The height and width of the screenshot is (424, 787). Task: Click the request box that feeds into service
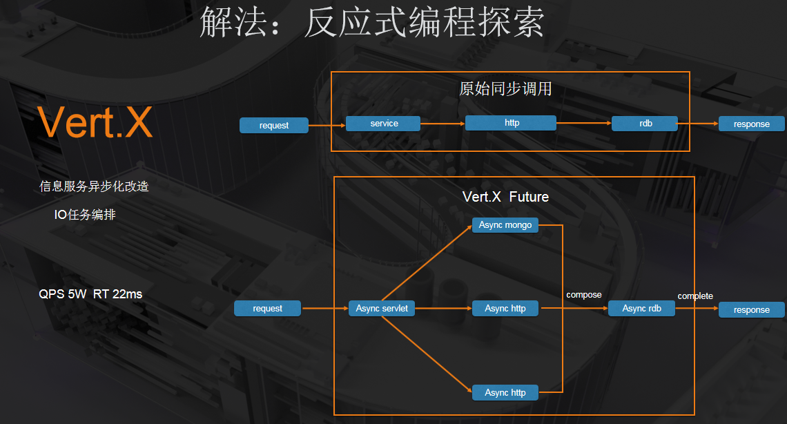tap(274, 125)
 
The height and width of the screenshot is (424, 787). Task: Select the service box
tap(384, 124)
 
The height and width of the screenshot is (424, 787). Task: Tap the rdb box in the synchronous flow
tap(645, 124)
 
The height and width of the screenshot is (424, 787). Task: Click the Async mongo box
tap(505, 225)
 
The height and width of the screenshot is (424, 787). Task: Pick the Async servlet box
tap(382, 309)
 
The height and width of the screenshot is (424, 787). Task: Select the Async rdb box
tap(641, 309)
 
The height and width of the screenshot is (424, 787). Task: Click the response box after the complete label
tap(751, 310)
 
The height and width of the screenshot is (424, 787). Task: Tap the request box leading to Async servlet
tap(267, 309)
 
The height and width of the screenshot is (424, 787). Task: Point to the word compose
tap(583, 295)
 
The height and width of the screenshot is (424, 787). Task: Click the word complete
tap(694, 296)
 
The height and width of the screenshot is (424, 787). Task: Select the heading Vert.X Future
tap(505, 197)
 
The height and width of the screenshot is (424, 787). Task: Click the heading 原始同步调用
tap(505, 89)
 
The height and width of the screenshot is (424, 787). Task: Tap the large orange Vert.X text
tap(95, 122)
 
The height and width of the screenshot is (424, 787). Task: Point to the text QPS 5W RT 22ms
tap(90, 294)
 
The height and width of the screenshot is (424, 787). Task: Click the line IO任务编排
tap(85, 215)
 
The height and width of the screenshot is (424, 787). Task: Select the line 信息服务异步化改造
tap(94, 186)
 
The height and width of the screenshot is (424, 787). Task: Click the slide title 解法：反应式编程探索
tap(371, 23)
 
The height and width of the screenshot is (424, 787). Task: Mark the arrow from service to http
tap(443, 124)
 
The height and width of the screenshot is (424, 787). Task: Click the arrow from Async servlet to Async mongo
tap(427, 266)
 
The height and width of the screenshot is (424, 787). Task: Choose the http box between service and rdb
tap(511, 123)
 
